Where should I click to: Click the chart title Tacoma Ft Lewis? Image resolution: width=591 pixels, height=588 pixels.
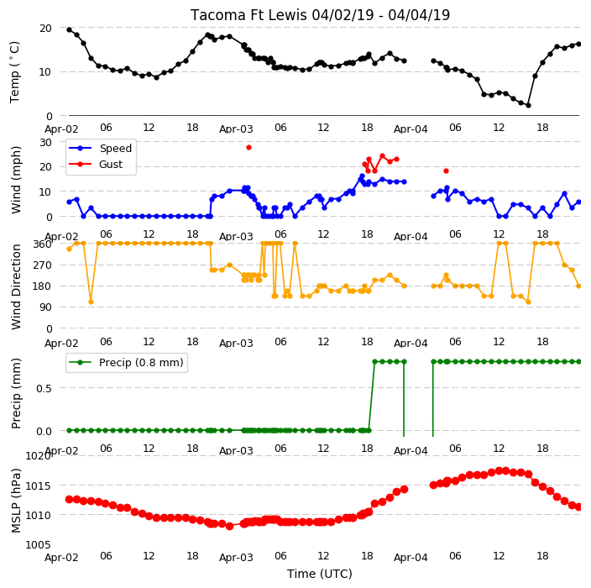(248, 15)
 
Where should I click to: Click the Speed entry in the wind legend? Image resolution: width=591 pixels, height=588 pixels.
(115, 148)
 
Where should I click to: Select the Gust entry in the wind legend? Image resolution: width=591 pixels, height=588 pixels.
(111, 165)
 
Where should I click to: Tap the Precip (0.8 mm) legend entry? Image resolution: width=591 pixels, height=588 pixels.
(141, 362)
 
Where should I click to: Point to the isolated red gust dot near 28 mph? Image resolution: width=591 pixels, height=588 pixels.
(248, 148)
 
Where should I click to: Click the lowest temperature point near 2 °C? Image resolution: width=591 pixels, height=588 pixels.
(528, 105)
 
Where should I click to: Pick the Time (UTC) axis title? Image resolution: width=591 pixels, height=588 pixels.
(320, 574)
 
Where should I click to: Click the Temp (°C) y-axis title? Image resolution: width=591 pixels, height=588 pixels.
(15, 72)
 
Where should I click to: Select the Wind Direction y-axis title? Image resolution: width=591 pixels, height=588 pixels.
(15, 286)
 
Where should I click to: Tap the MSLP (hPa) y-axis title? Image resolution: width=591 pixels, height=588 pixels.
(15, 501)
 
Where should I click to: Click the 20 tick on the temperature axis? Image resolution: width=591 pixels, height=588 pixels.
(45, 29)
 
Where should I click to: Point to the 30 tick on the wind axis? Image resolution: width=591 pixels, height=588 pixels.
(45, 142)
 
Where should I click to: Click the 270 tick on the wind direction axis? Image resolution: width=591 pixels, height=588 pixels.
(42, 265)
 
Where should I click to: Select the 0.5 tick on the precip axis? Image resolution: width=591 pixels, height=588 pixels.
(44, 388)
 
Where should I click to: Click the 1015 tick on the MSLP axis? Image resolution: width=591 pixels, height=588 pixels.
(38, 486)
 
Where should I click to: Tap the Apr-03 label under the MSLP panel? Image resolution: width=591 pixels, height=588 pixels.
(236, 558)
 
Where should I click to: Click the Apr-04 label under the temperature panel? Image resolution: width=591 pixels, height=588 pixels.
(411, 129)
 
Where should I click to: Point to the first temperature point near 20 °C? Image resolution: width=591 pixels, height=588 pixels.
(70, 29)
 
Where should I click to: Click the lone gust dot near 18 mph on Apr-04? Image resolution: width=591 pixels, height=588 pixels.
(447, 171)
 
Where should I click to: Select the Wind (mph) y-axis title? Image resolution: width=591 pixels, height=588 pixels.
(15, 180)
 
